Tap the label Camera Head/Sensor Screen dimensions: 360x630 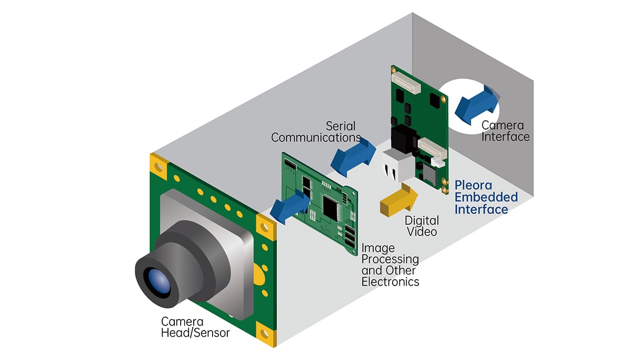(195, 326)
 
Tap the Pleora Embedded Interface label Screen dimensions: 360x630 (486, 197)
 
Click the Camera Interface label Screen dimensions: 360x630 (506, 131)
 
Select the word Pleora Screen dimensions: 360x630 (471, 185)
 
